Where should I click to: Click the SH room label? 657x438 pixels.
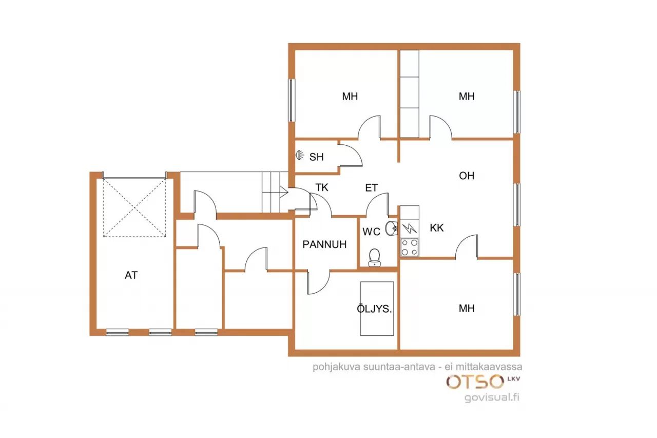317,157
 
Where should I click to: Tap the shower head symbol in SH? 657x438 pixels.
299,155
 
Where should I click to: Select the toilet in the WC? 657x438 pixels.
375,258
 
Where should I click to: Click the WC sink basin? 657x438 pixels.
391,228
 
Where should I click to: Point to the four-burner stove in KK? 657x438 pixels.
410,248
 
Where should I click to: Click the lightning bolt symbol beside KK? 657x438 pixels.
410,228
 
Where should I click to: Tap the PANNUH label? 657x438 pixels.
324,244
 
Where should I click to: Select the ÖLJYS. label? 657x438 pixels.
374,309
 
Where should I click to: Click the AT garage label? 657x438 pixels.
131,275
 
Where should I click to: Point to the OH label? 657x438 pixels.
467,176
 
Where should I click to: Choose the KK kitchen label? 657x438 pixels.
437,227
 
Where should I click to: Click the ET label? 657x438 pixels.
371,188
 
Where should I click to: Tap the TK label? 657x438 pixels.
322,187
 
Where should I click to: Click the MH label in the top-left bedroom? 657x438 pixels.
350,96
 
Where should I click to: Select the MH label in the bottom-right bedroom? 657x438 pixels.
467,308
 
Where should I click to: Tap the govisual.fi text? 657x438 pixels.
492,397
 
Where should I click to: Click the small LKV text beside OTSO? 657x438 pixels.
514,379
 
